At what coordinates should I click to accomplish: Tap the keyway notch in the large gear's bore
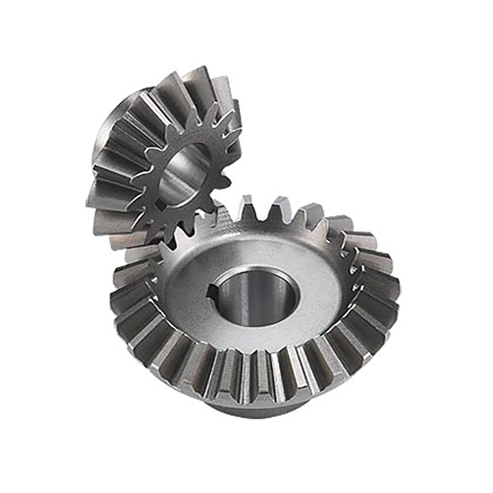213,294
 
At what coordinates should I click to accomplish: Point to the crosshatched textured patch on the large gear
224,217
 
